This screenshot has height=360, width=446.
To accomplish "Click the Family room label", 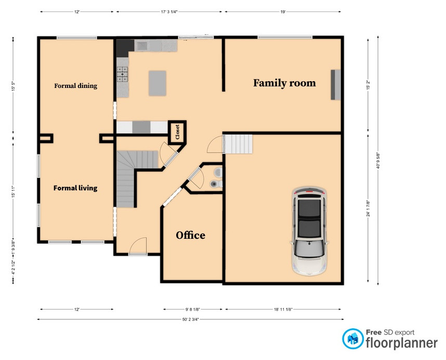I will pos(284,83).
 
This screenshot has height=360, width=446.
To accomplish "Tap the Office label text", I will pos(190,235).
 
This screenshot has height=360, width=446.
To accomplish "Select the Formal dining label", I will pos(76,86).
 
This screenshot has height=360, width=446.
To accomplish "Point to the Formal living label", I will pos(75,188).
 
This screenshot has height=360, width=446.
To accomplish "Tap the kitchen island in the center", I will pos(158,83).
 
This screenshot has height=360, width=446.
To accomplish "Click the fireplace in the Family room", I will pos(336,84).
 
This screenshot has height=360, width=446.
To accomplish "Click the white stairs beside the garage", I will pos(238,144).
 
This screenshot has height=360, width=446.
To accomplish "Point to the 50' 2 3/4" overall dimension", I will pos(190,319).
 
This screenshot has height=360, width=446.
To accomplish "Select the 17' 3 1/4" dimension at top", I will pos(168,11).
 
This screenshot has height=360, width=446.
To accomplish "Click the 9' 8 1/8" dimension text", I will pos(193,309).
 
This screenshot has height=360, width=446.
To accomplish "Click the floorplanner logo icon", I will pos(353,339).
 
